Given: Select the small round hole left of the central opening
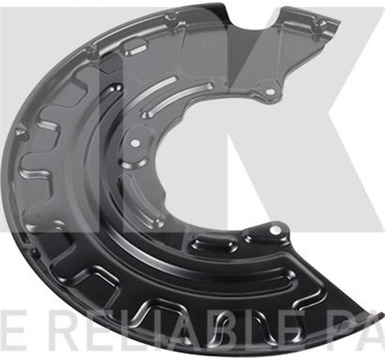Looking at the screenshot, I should click(x=135, y=143).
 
